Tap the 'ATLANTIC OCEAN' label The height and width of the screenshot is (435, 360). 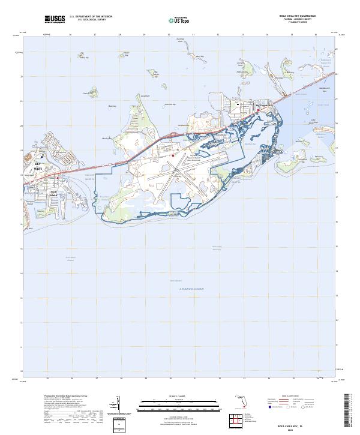(x=191, y=289)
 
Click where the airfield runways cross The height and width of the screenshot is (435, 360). (x=176, y=175)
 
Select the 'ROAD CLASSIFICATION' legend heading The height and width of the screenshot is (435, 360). (x=292, y=397)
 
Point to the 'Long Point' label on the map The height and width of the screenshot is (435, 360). (x=144, y=96)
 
